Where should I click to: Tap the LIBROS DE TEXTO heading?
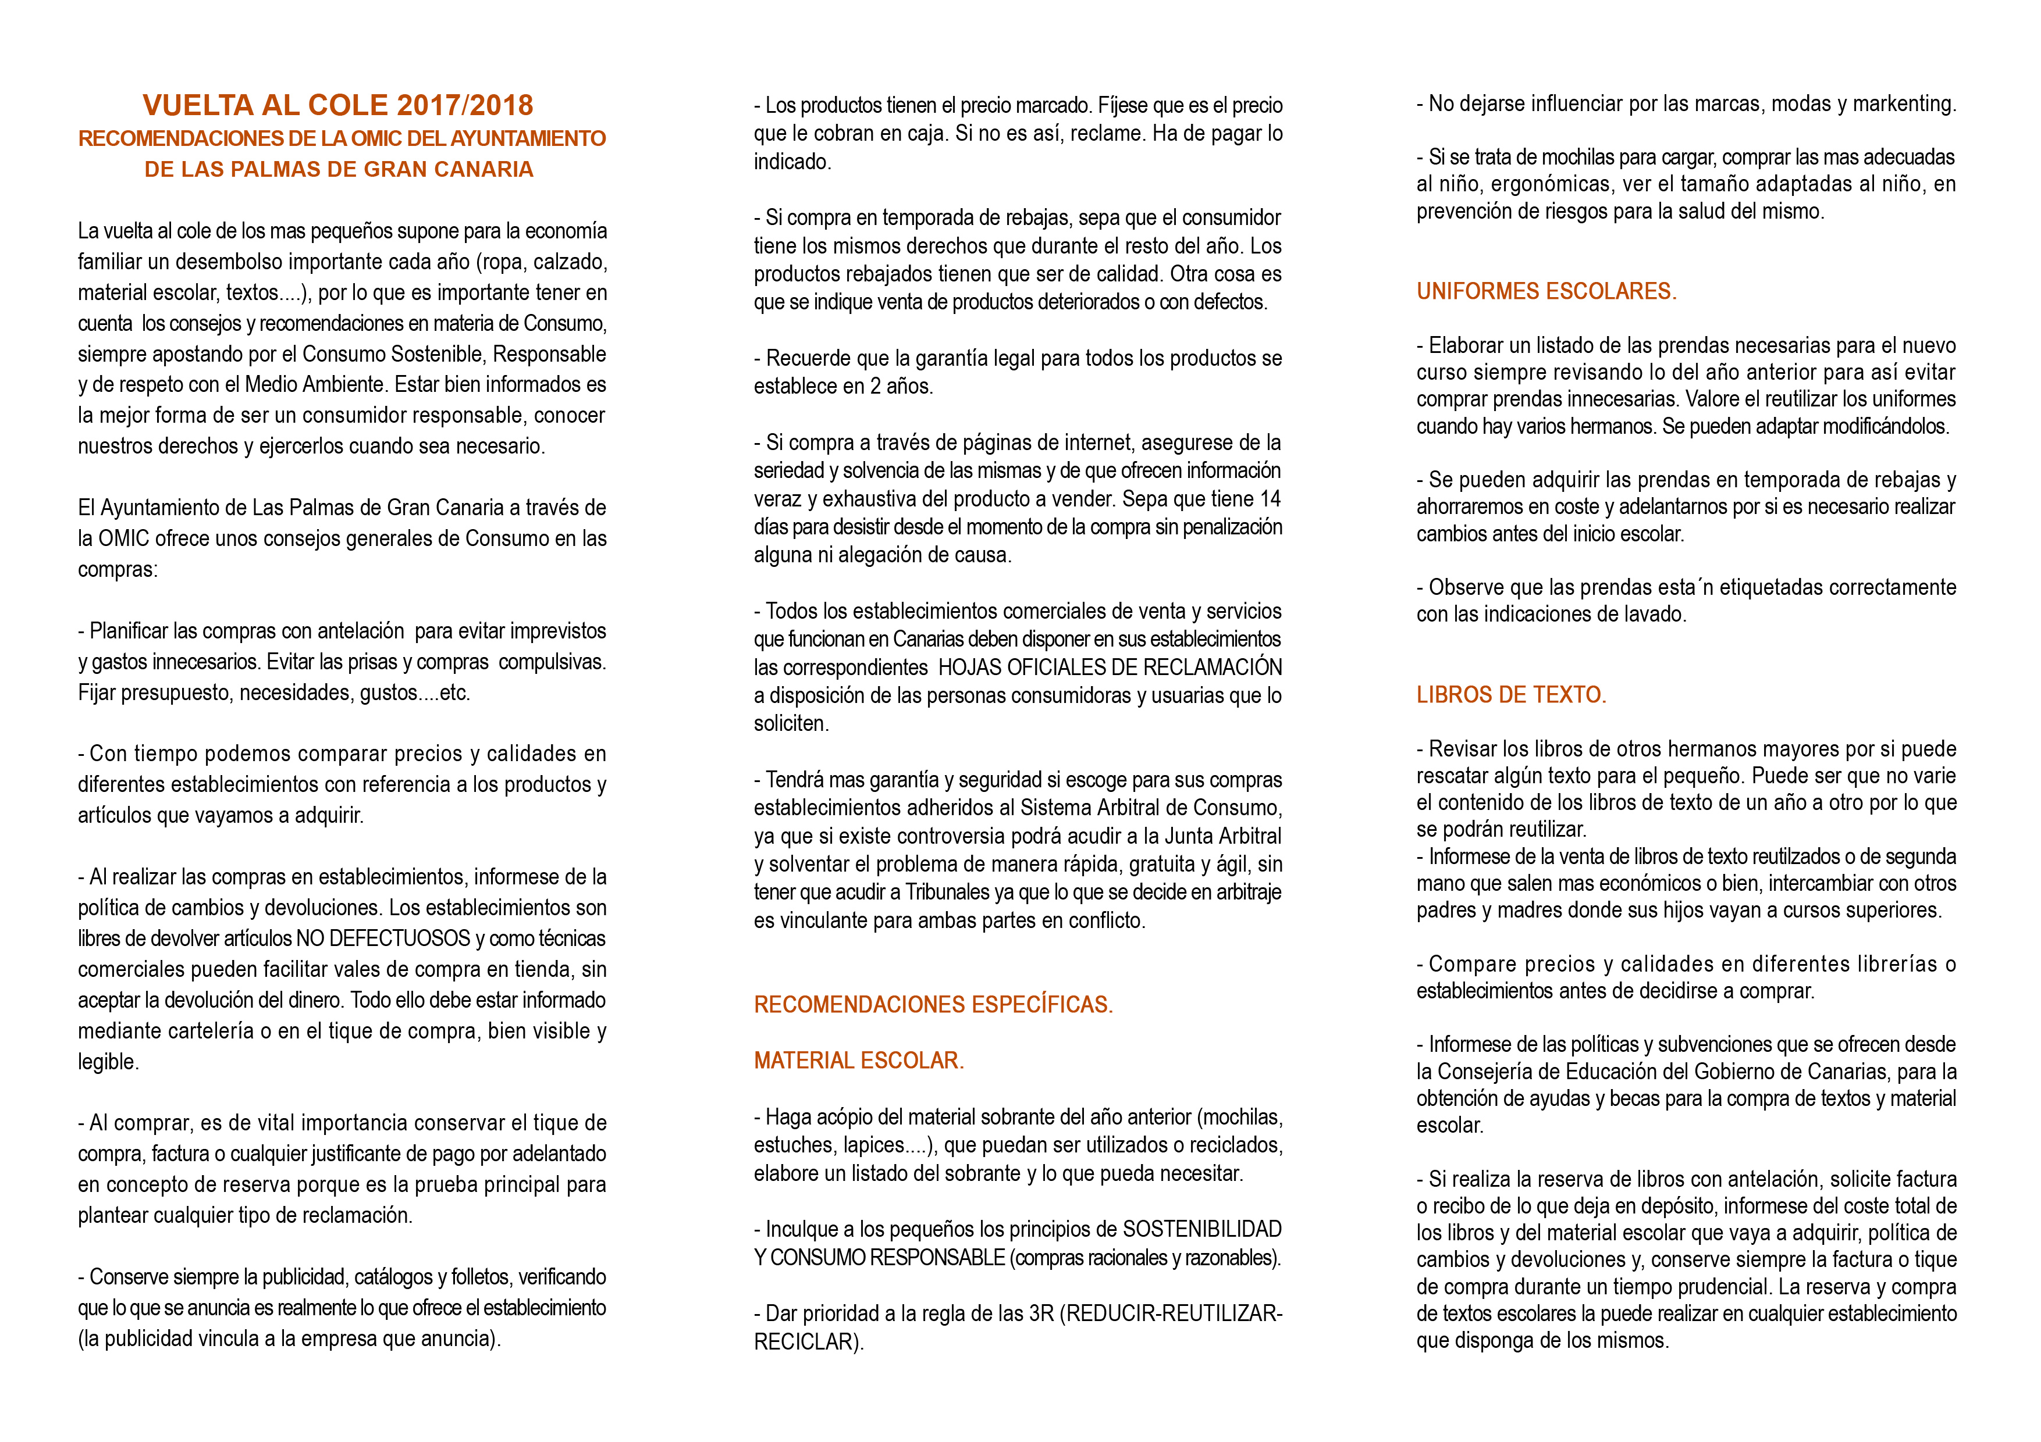pyautogui.click(x=1510, y=695)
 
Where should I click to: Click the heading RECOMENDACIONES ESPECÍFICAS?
pyautogui.click(x=933, y=1005)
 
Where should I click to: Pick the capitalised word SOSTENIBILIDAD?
pyautogui.click(x=1202, y=1230)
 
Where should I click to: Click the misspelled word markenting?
pyautogui.click(x=1903, y=104)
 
